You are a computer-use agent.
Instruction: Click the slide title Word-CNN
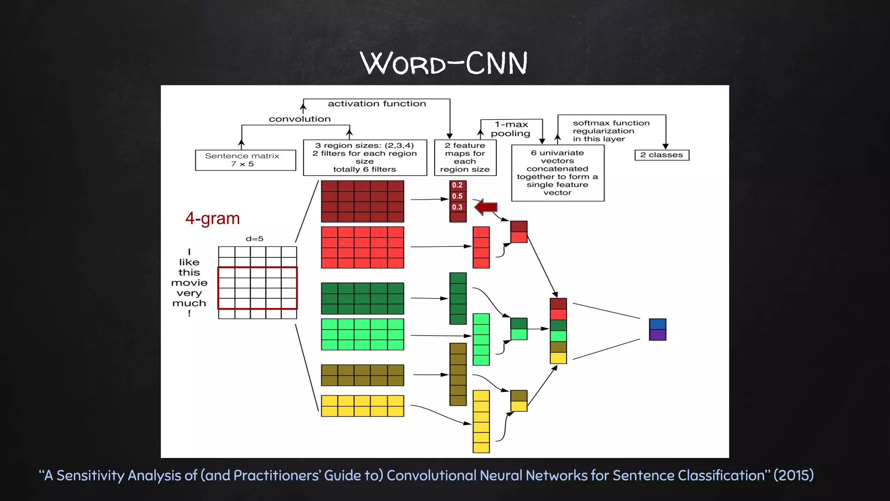[444, 63]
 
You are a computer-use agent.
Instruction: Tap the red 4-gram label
[213, 218]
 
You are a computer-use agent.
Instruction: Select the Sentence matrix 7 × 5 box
[246, 160]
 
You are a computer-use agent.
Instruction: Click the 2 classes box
[661, 155]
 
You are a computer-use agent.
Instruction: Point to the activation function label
[377, 104]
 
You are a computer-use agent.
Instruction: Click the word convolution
[299, 119]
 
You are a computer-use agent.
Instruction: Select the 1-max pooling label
[511, 129]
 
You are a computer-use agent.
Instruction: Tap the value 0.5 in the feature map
[457, 196]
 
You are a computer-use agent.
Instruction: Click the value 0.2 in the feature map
[457, 185]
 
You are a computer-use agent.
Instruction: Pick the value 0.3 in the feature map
[457, 207]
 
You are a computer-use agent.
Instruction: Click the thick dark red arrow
[486, 207]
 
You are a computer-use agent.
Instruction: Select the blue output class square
[658, 324]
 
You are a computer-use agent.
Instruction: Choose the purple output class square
[658, 335]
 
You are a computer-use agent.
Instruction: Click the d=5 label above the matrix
[254, 239]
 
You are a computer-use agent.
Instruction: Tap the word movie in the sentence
[189, 283]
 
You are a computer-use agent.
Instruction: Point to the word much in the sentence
[189, 303]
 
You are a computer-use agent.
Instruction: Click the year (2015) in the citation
[794, 475]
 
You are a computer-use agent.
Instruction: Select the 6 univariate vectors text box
[558, 173]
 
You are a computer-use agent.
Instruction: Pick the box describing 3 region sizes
[365, 157]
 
